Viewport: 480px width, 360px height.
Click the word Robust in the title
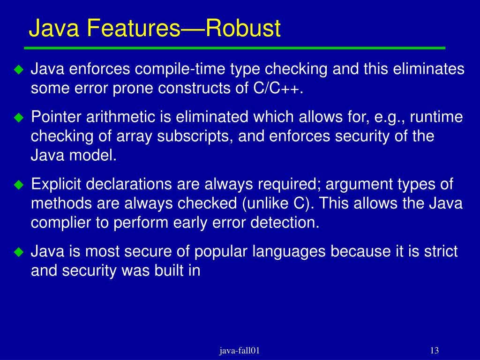(244, 29)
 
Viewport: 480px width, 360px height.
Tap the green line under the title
(234, 48)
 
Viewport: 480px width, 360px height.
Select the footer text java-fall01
(240, 351)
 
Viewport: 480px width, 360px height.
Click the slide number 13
(434, 351)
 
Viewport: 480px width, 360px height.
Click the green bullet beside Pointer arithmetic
(18, 118)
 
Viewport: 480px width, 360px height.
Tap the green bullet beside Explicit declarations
(18, 185)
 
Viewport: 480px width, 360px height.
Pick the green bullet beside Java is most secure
(18, 252)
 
